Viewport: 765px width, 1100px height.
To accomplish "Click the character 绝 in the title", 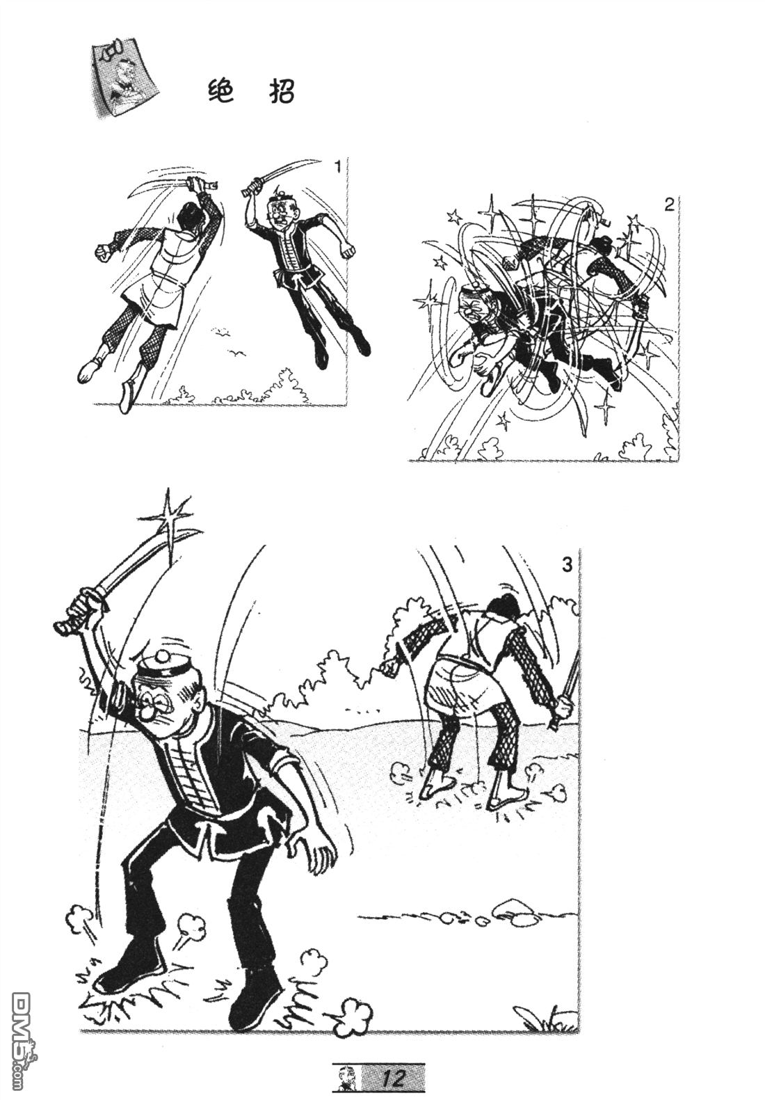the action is tap(220, 91).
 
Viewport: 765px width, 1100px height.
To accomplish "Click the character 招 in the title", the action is tap(282, 91).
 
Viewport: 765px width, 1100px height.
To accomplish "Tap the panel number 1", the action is tap(337, 168).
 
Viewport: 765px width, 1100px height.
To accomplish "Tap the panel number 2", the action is tap(669, 205).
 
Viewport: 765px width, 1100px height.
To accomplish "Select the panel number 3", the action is tap(567, 565).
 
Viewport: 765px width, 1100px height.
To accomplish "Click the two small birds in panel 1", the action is tap(229, 341).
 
